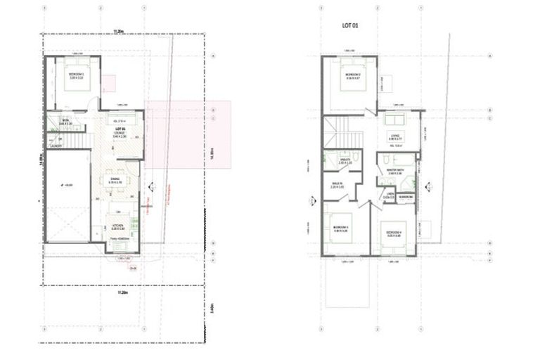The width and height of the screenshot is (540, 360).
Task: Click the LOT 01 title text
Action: pos(350,26)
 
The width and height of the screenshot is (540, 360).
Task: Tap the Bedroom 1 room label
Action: pos(76,75)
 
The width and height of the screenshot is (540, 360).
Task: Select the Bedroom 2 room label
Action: pos(352,75)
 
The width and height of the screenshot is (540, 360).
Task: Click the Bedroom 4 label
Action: pos(394,233)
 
